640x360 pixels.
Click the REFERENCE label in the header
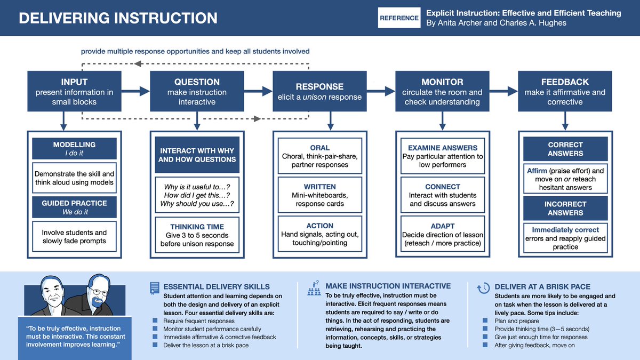coord(399,18)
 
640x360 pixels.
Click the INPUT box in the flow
coord(74,92)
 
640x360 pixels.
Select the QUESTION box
coord(197,92)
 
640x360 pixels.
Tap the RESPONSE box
coord(319,92)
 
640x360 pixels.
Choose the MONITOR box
coord(442,92)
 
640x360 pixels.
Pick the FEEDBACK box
coord(565,92)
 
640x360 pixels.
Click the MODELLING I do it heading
coord(74,149)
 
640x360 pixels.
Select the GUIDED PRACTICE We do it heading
coord(74,207)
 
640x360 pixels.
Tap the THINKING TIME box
coord(197,235)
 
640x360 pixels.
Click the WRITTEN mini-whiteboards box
coord(319,195)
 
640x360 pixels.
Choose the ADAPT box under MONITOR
coord(442,235)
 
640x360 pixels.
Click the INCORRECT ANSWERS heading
coord(565,208)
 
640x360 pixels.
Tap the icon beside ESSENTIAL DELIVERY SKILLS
coord(154,288)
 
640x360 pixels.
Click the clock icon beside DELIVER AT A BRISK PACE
coord(483,288)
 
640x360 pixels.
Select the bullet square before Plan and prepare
coord(485,321)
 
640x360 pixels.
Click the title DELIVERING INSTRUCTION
coord(118,18)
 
